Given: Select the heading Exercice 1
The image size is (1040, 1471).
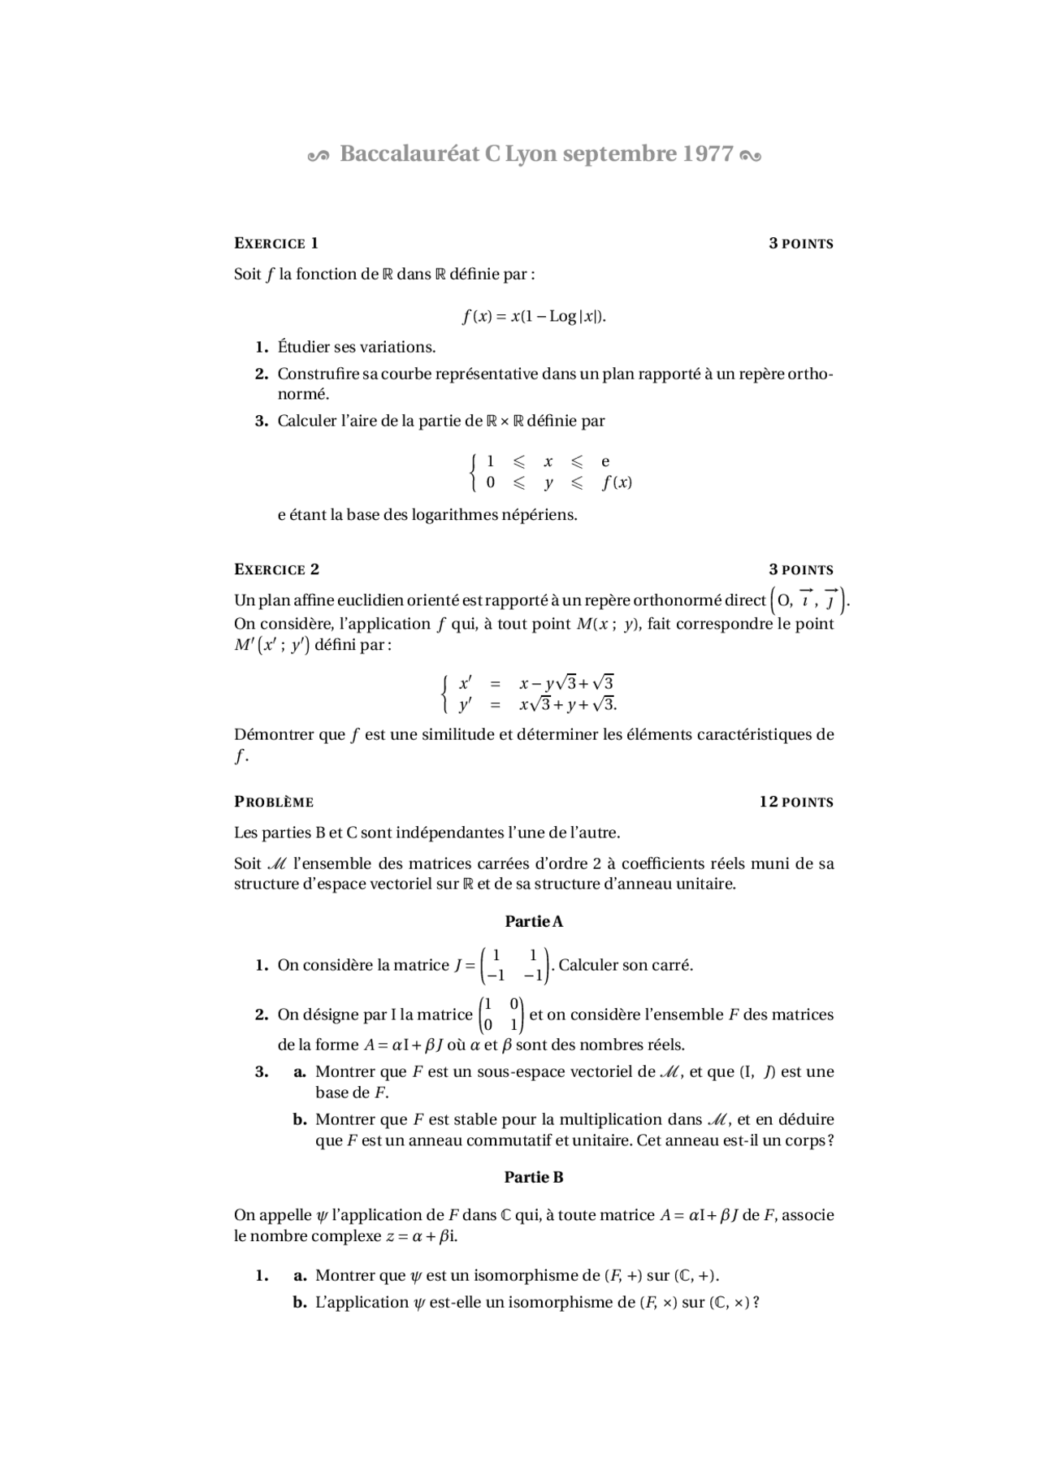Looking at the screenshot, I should click(x=276, y=244).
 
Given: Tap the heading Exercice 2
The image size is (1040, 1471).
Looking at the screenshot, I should click(x=276, y=569).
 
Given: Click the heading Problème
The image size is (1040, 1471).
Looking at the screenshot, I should click(x=274, y=802).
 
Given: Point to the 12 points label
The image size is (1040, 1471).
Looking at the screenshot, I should click(x=796, y=802).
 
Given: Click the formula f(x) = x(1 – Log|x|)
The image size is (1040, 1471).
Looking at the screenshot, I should click(x=534, y=316).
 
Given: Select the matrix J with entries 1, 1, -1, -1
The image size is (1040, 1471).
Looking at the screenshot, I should click(x=515, y=965).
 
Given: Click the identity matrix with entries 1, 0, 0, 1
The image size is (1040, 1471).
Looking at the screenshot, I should click(x=501, y=1015).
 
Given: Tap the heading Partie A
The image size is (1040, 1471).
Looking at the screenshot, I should click(x=534, y=921).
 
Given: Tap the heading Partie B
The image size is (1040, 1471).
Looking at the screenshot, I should click(x=534, y=1177).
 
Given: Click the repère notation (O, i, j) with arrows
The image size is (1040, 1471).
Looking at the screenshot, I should click(x=808, y=600).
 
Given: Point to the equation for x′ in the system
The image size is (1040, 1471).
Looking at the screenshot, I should click(x=536, y=683).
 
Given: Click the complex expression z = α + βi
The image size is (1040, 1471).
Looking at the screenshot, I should click(x=422, y=1236).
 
